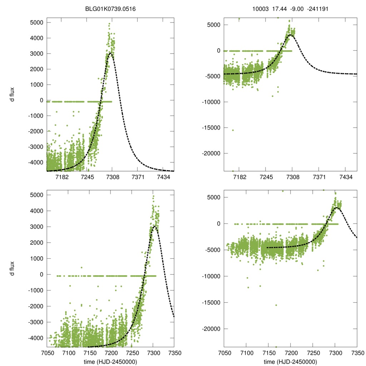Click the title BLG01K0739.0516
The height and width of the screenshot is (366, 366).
(110, 6)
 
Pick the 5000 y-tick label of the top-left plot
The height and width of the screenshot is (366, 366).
(36, 23)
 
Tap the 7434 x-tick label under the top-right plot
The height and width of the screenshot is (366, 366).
(345, 177)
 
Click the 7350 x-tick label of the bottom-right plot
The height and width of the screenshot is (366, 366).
(357, 353)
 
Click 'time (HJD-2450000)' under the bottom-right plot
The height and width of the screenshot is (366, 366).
(291, 362)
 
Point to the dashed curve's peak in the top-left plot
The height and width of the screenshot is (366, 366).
(110, 53)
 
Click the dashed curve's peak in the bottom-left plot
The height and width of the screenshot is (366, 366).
(154, 226)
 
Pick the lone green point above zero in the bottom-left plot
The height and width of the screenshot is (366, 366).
(81, 267)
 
